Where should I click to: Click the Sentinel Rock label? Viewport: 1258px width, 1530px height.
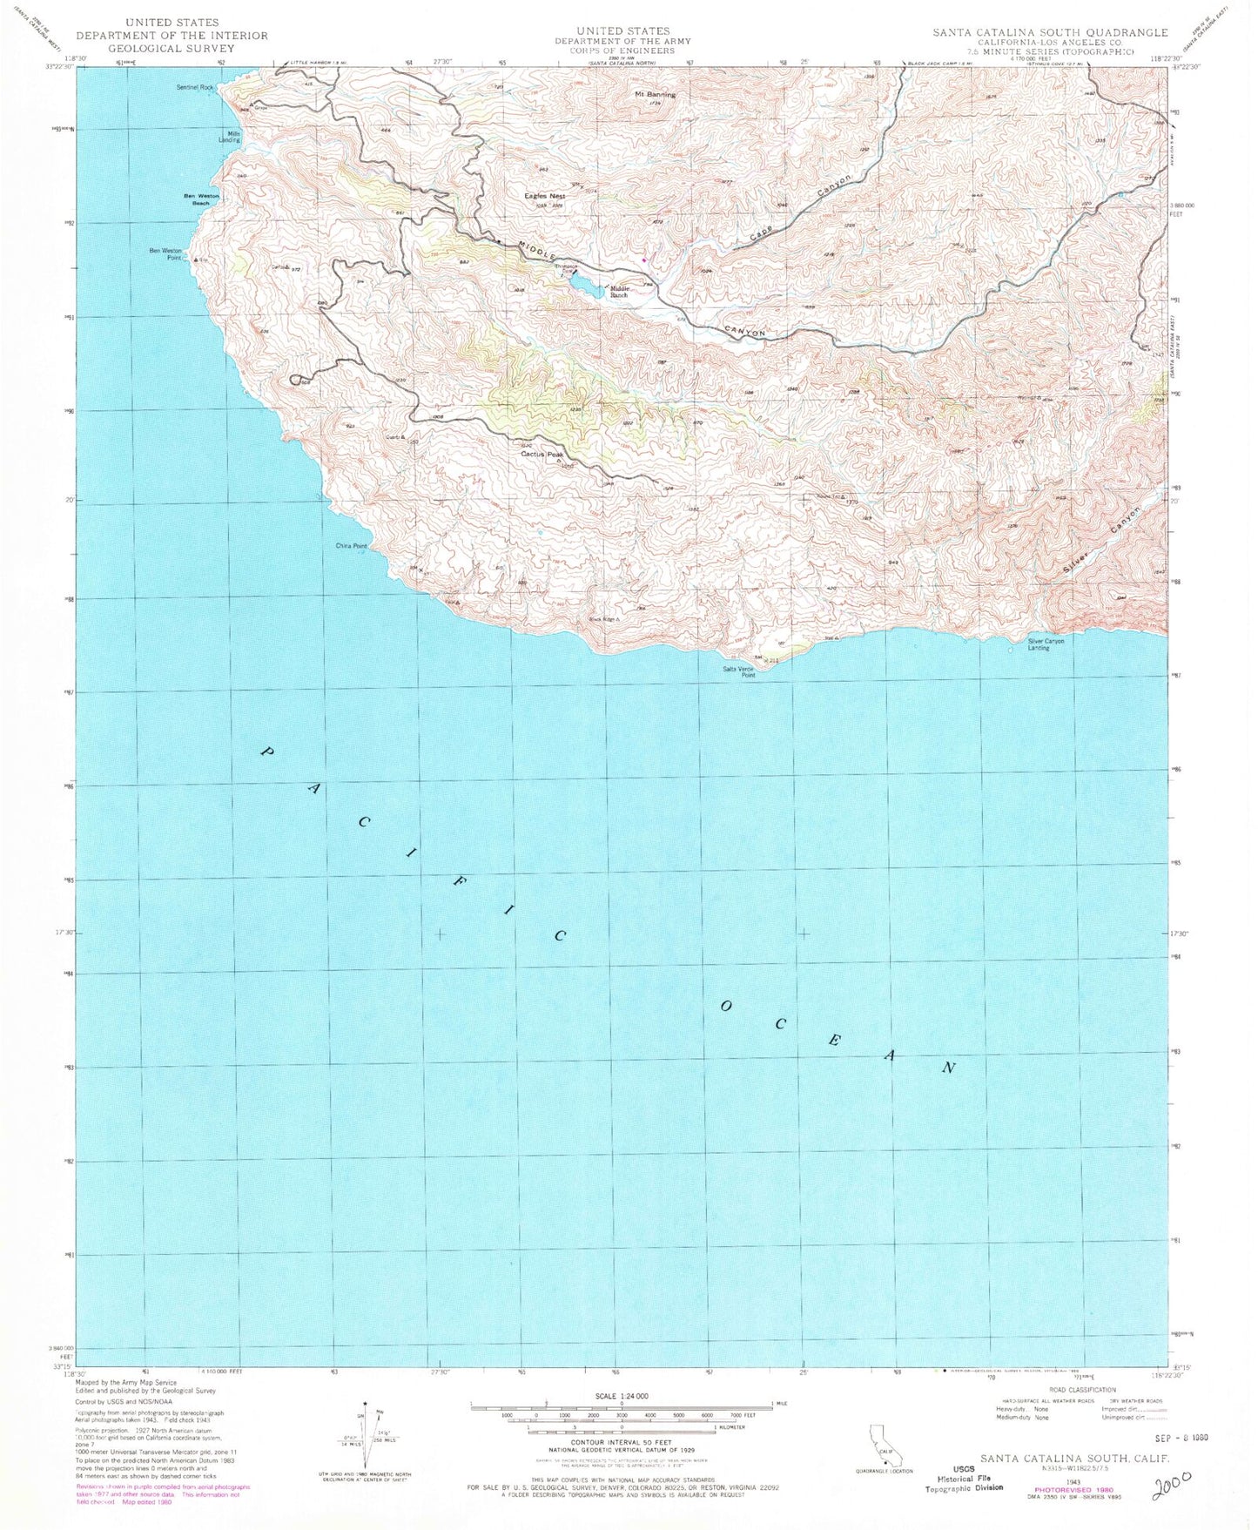pyautogui.click(x=195, y=87)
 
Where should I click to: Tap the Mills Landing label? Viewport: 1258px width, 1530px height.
pyautogui.click(x=229, y=136)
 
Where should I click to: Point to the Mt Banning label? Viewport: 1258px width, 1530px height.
pyautogui.click(x=655, y=94)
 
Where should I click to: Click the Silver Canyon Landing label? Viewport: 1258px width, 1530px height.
pyautogui.click(x=1046, y=644)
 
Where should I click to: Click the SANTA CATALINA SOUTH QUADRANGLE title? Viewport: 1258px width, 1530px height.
pyautogui.click(x=1050, y=32)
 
